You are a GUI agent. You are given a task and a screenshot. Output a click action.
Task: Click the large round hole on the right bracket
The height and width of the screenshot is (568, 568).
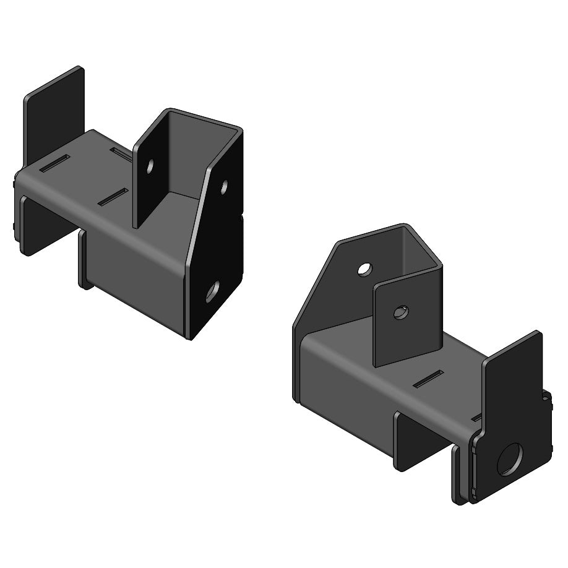[509, 459]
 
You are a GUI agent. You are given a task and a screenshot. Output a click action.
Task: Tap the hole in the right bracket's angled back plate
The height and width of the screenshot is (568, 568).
[365, 269]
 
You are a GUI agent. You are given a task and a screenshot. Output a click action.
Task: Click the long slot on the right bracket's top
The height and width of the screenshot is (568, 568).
[428, 379]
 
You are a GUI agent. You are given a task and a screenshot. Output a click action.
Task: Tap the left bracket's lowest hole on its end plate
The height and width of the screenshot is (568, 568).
[212, 291]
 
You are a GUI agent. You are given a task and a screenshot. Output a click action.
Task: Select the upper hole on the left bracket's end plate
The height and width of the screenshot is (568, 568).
[224, 185]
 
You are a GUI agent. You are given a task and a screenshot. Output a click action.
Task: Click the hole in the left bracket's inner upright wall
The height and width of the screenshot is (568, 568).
[150, 165]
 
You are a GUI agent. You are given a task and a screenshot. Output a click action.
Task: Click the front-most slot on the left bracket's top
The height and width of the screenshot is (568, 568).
[113, 197]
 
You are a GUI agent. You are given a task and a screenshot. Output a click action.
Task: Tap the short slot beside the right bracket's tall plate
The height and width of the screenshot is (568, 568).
[477, 419]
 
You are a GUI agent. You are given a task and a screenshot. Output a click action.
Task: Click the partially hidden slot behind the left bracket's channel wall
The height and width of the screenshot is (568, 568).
[121, 152]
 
